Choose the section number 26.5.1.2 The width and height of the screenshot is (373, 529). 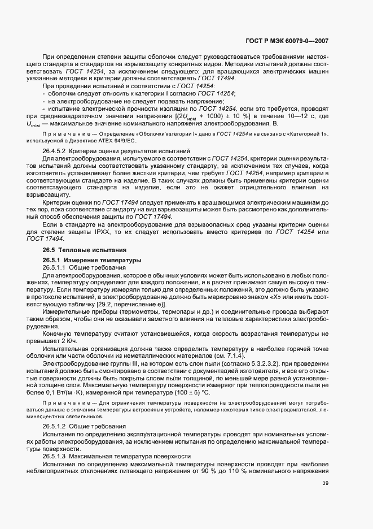pos(54,425)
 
